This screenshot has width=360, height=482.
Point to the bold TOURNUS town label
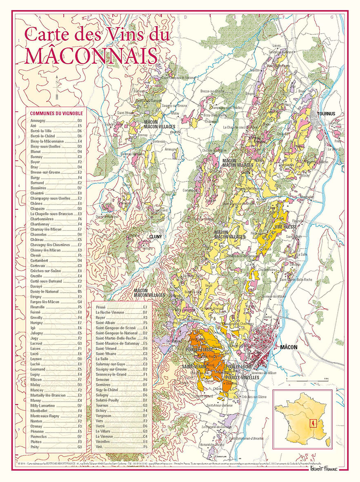pos(327,113)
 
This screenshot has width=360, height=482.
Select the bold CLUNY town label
pos(156,237)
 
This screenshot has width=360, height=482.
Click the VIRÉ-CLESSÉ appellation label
pos(285,226)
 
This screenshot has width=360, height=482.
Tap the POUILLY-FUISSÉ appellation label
pos(200,350)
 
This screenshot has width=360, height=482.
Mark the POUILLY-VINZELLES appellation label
pos(242,378)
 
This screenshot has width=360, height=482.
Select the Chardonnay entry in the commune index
pos(40,224)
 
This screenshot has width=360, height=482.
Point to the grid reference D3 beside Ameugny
pos(80,121)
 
